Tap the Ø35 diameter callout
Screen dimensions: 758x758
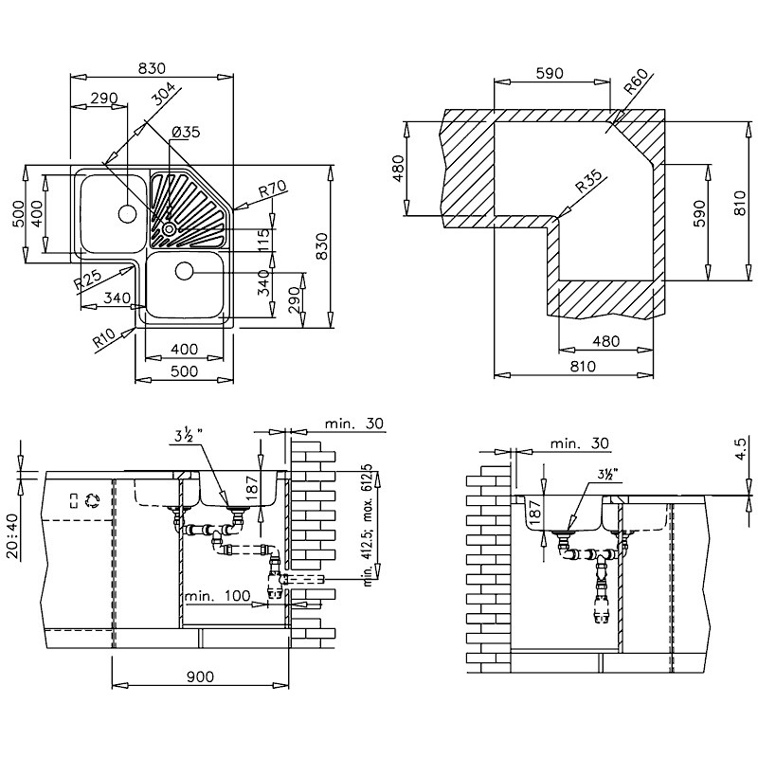coord(186,132)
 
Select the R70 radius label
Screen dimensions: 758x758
coord(273,188)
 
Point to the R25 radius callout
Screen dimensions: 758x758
coord(88,280)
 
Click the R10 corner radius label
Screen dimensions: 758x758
coord(104,338)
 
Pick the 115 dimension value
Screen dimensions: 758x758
coord(263,241)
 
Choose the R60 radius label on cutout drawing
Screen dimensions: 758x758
coord(636,81)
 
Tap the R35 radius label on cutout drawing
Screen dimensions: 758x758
coord(589,181)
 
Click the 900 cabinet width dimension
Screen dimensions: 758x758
coord(200,677)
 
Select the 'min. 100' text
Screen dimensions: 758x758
coord(218,596)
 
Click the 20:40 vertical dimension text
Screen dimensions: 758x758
coord(12,536)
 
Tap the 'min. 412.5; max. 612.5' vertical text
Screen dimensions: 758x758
coord(369,526)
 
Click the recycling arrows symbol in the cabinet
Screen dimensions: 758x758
coord(91,500)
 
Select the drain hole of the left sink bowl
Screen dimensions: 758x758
coord(128,214)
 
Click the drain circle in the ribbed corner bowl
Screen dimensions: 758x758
coord(170,228)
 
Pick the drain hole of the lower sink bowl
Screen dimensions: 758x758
coord(184,271)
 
